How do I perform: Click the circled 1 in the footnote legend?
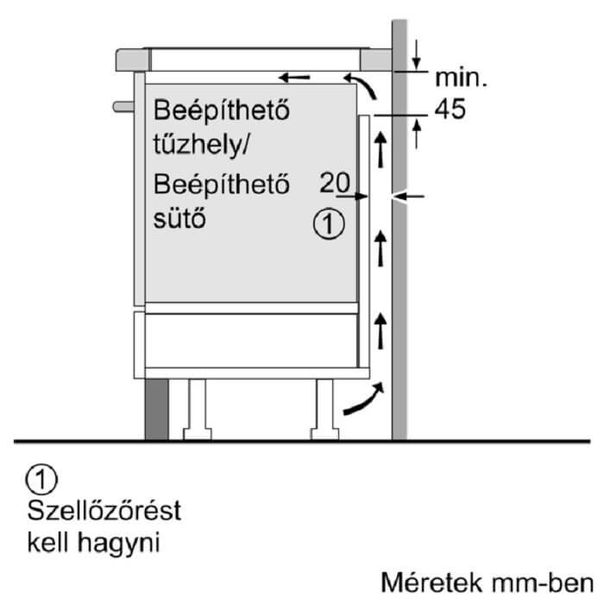tap(41, 476)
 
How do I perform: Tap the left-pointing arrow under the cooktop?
tap(295, 78)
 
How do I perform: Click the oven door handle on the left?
tap(123, 107)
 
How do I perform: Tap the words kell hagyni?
tap(94, 544)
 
